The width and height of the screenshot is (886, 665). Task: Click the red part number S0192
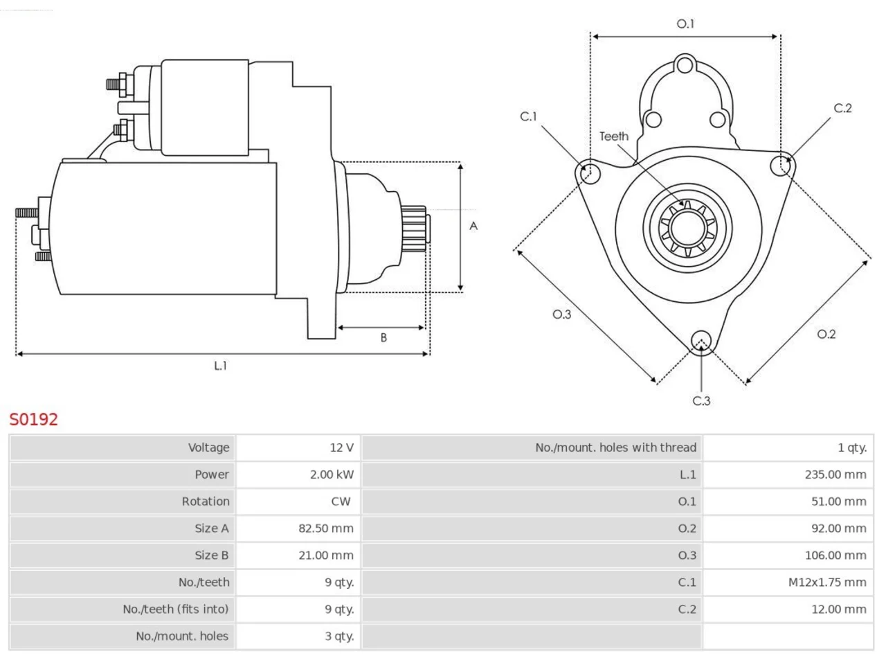(33, 420)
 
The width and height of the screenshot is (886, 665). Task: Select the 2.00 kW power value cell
(298, 475)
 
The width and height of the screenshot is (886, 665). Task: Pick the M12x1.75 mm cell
(788, 583)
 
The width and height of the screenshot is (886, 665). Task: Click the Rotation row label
(206, 502)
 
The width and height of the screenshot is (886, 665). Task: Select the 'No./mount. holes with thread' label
(615, 447)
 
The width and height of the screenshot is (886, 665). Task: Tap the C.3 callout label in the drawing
(701, 401)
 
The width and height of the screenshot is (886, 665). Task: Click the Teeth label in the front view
(614, 136)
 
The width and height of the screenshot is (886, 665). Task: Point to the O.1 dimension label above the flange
(685, 24)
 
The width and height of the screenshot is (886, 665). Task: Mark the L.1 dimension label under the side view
(220, 366)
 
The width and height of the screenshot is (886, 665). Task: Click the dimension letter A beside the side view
(473, 226)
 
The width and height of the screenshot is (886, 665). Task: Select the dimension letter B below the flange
(383, 337)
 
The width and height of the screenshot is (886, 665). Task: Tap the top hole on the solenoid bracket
(685, 65)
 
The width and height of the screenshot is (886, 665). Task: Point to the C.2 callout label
(843, 108)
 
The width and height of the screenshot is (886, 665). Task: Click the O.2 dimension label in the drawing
(826, 335)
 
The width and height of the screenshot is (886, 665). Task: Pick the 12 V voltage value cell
(298, 447)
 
